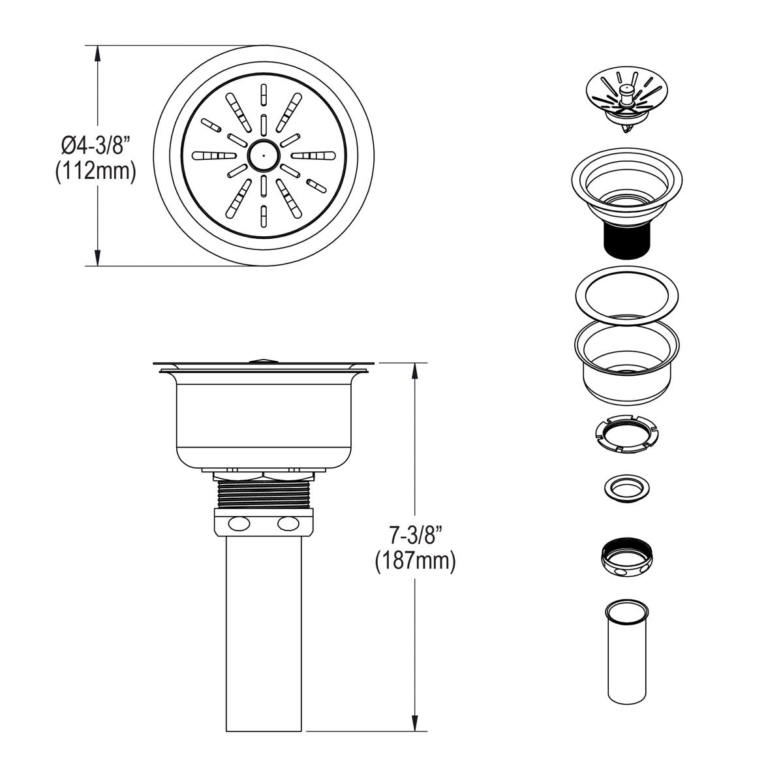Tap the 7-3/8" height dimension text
click(x=416, y=536)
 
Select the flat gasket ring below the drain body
click(x=626, y=296)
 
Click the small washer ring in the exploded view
click(x=626, y=487)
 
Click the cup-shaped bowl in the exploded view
click(x=625, y=359)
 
